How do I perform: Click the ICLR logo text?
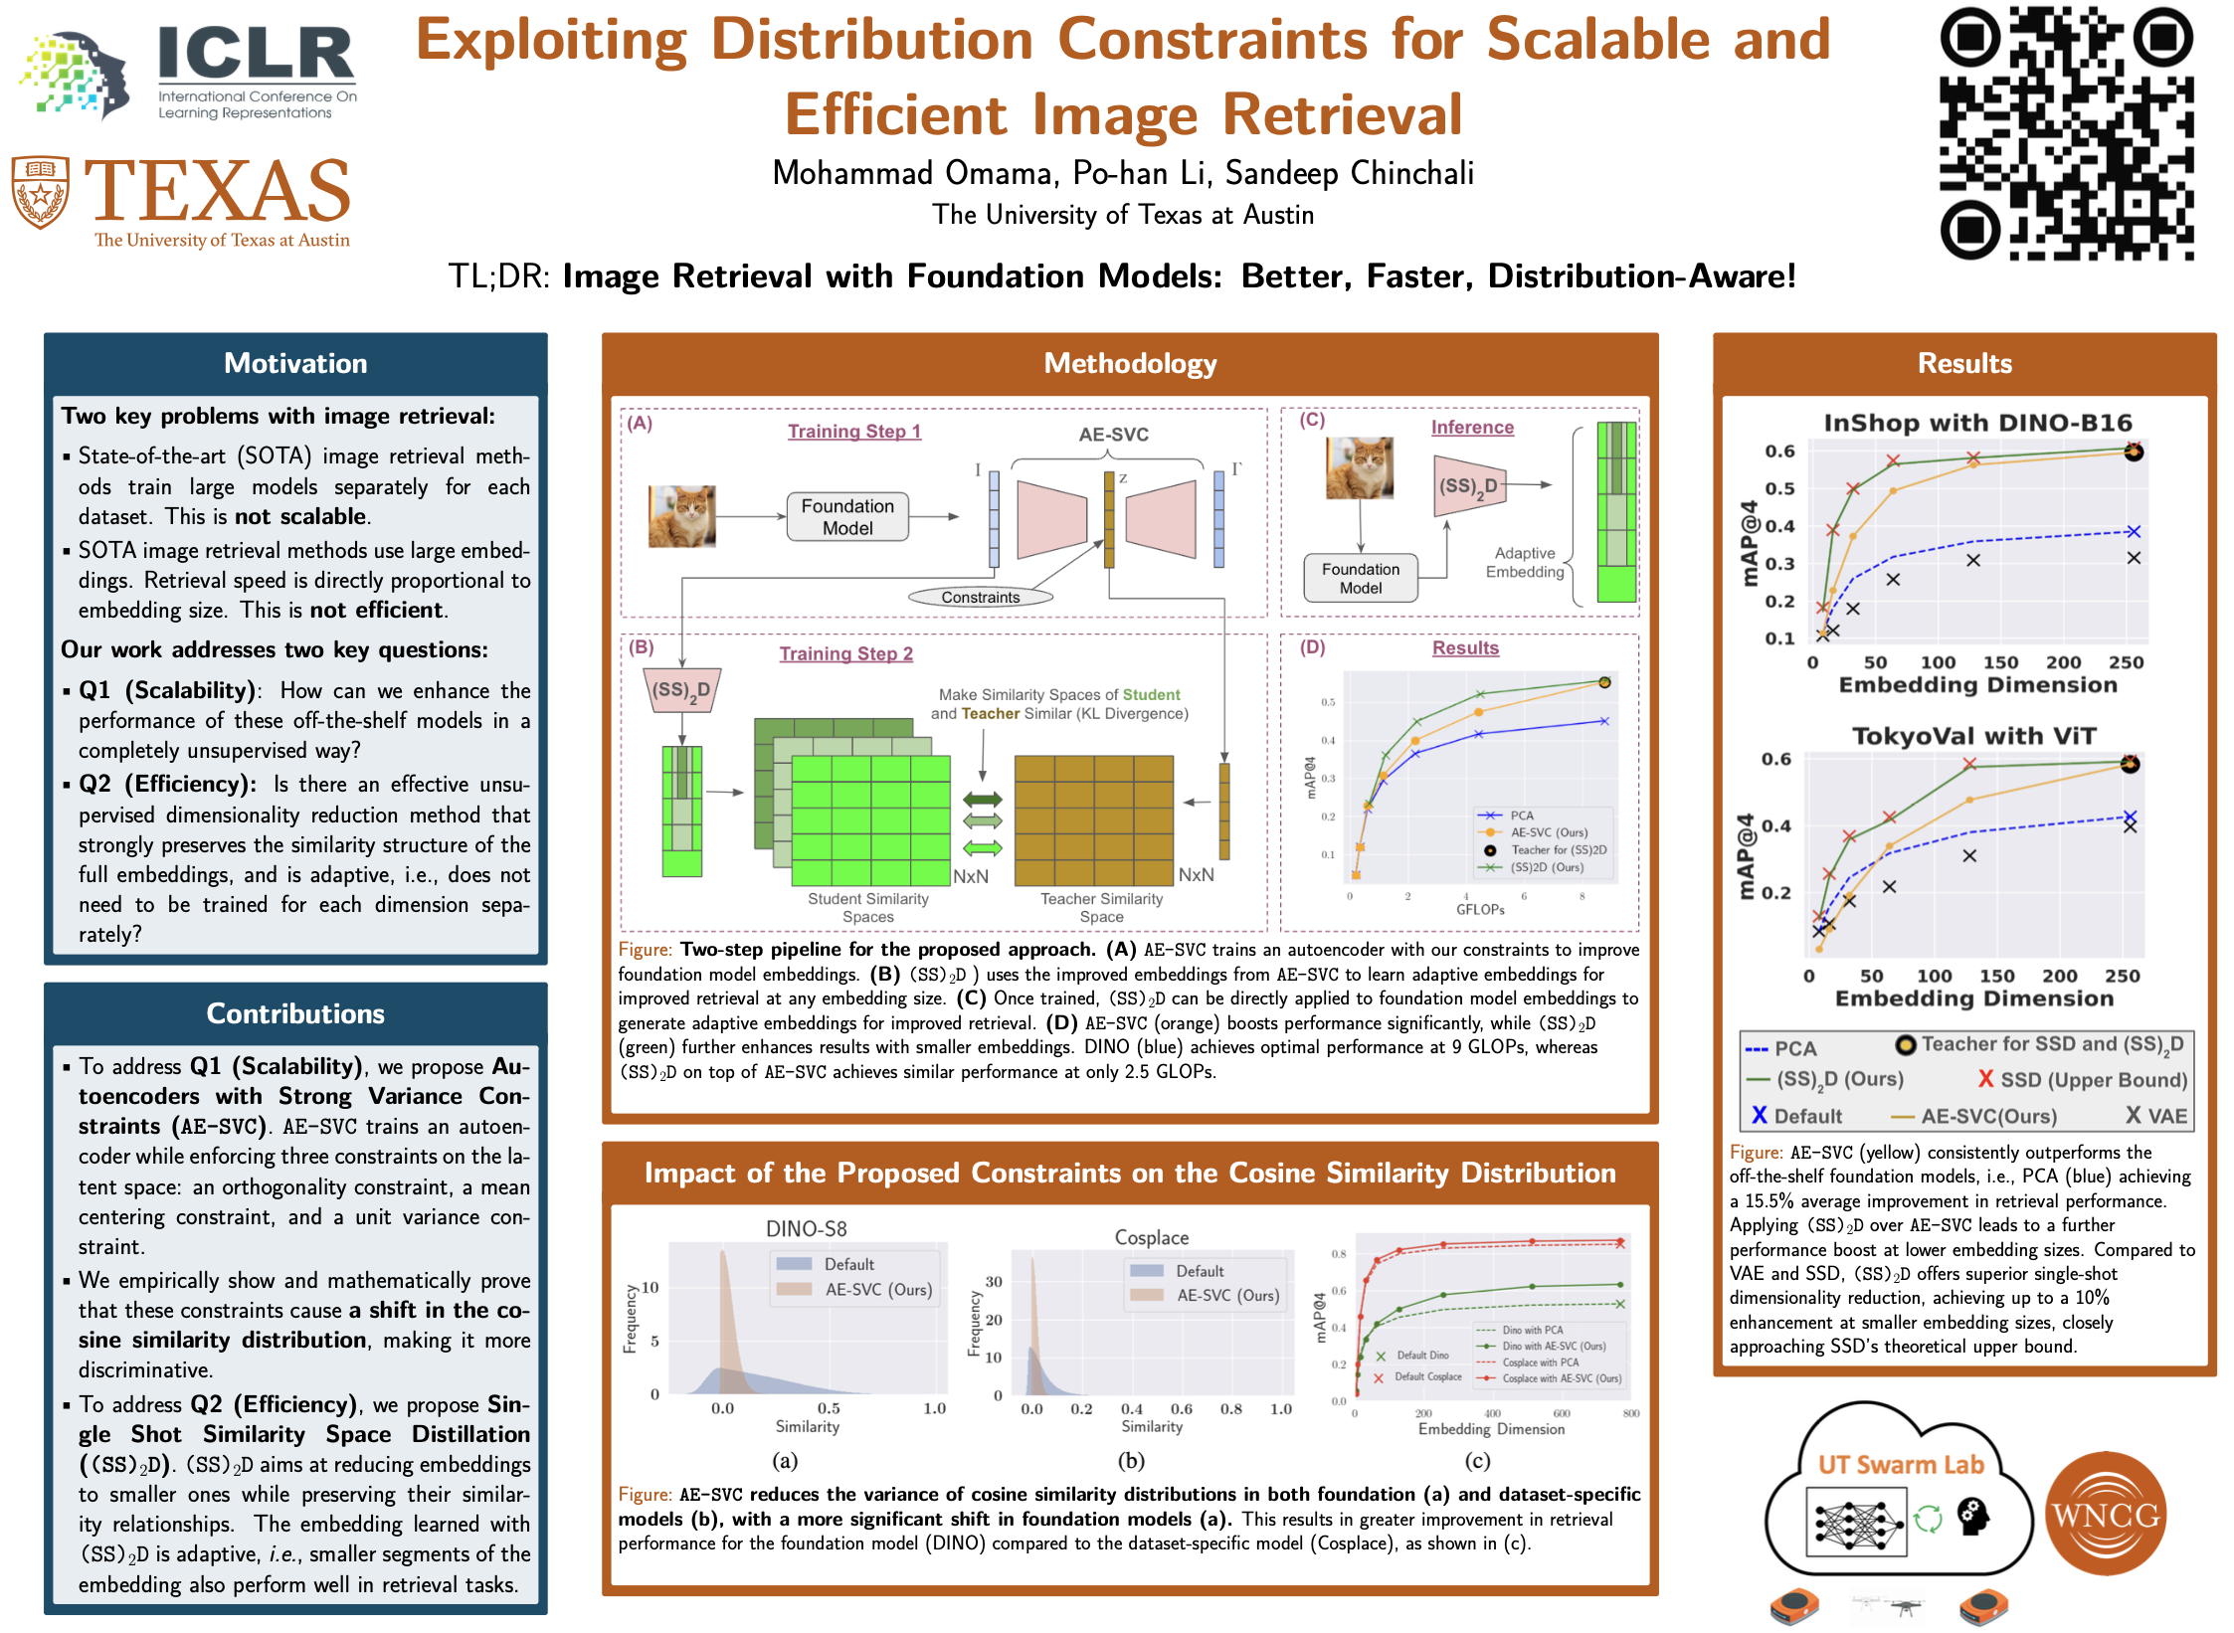(x=257, y=54)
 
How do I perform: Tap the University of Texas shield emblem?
(x=40, y=192)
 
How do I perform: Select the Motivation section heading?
(x=295, y=364)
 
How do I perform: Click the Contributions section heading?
(x=295, y=1013)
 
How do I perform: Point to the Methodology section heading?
(x=1129, y=364)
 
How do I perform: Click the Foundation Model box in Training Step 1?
(x=847, y=517)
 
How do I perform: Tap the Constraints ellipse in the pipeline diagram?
(x=980, y=598)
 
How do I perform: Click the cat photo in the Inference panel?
(x=1359, y=468)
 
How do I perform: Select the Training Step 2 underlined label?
(x=845, y=653)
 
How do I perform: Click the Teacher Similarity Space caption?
(x=1101, y=907)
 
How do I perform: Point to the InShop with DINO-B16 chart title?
(x=1977, y=424)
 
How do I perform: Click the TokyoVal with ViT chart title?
(x=1973, y=737)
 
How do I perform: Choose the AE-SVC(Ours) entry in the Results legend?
(x=1974, y=1116)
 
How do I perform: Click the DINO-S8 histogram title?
(x=806, y=1229)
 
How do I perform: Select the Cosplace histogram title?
(x=1151, y=1238)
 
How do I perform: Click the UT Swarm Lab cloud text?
(x=1900, y=1465)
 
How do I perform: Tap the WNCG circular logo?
(x=2106, y=1515)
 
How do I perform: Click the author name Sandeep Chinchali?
(x=1349, y=174)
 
